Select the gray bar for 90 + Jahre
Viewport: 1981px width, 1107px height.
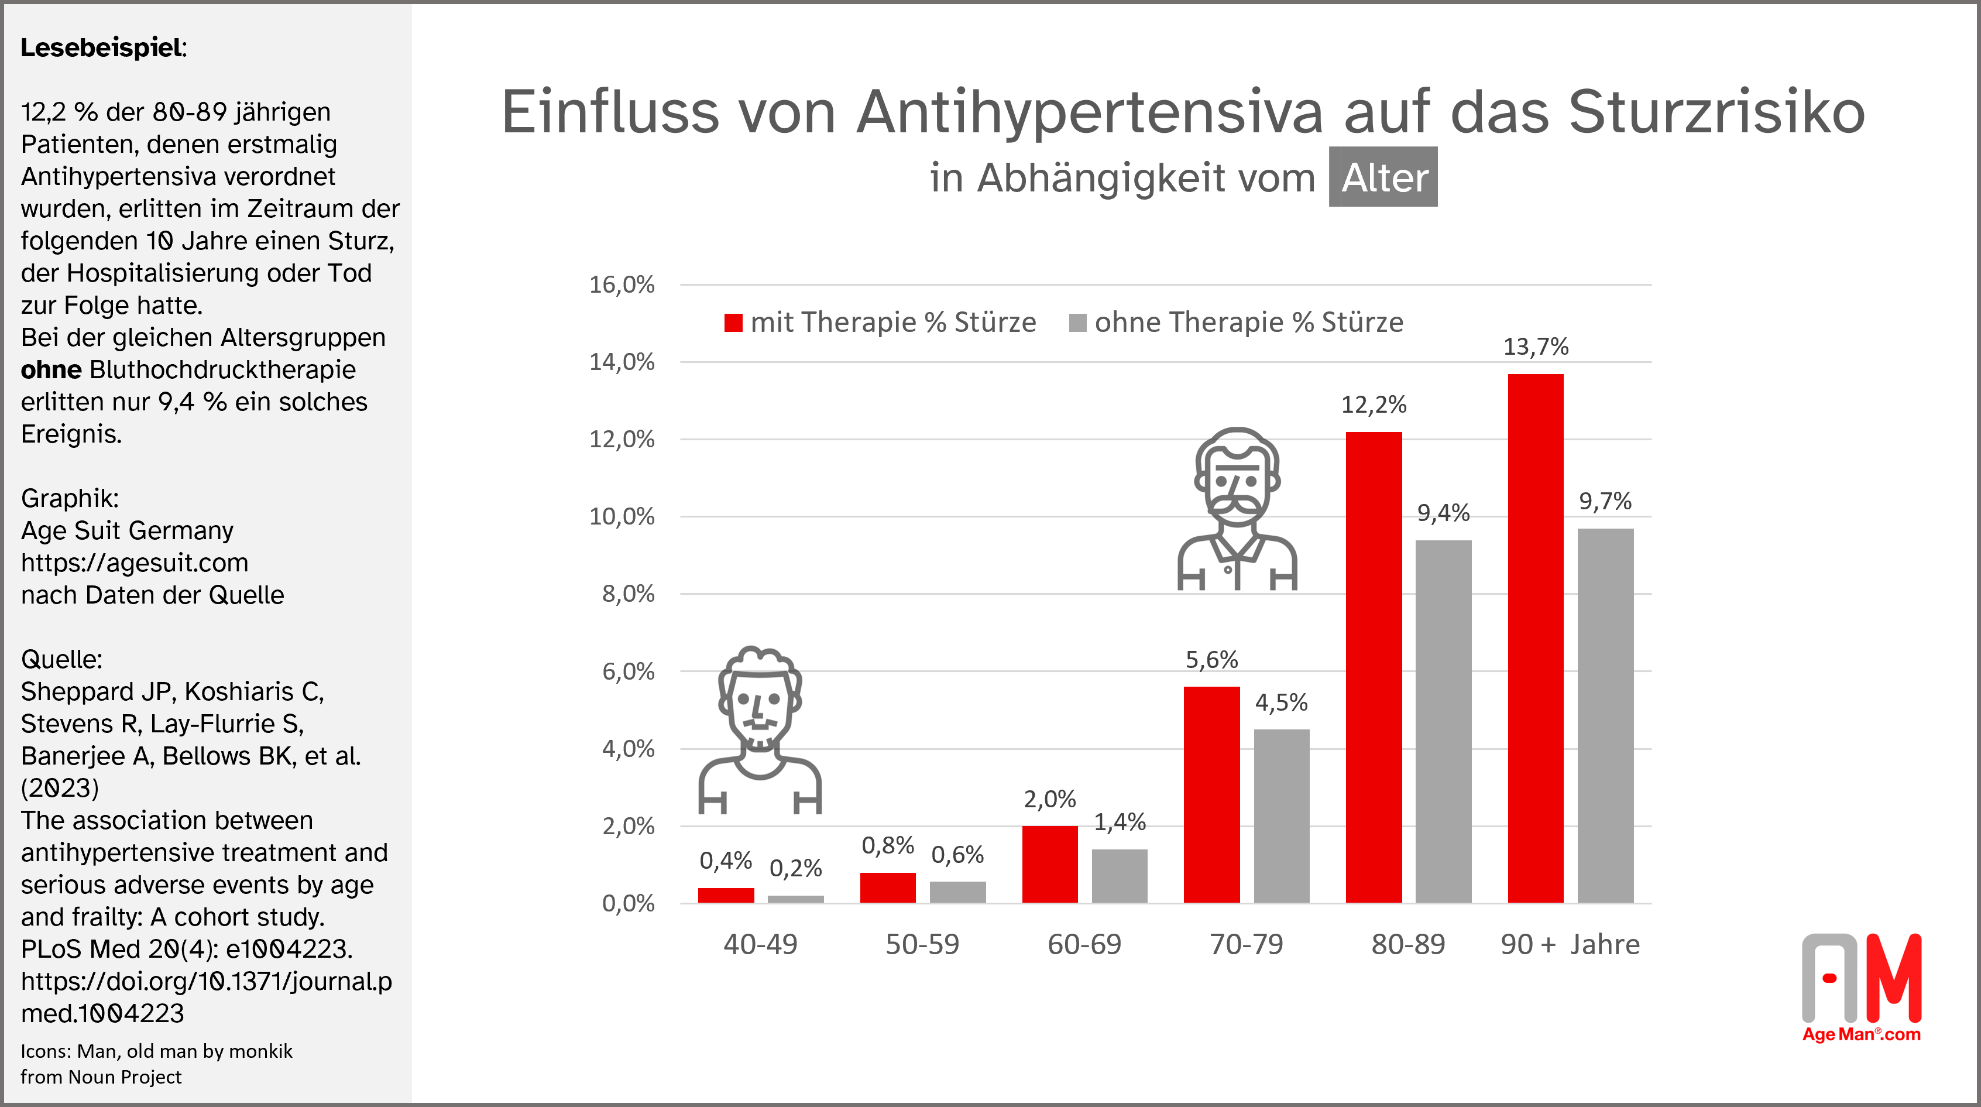click(x=1606, y=715)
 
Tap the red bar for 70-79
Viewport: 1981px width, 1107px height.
click(x=1211, y=794)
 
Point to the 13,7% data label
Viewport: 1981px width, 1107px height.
click(x=1536, y=347)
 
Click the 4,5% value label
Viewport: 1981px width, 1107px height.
click(x=1281, y=702)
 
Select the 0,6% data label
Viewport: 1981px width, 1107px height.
click(x=957, y=855)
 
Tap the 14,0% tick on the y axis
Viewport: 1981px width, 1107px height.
click(x=622, y=362)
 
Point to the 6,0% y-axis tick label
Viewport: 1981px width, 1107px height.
click(x=627, y=671)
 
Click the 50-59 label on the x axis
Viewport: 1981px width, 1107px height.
click(x=922, y=944)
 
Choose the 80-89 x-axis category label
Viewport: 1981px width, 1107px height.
click(x=1408, y=944)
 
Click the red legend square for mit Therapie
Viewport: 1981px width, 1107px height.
click(x=733, y=323)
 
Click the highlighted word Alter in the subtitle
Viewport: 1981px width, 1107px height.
click(x=1383, y=178)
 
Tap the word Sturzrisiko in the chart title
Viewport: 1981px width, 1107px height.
click(x=1716, y=112)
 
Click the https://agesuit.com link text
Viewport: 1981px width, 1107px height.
click(x=135, y=563)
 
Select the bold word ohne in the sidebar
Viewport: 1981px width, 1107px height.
click(x=51, y=370)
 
